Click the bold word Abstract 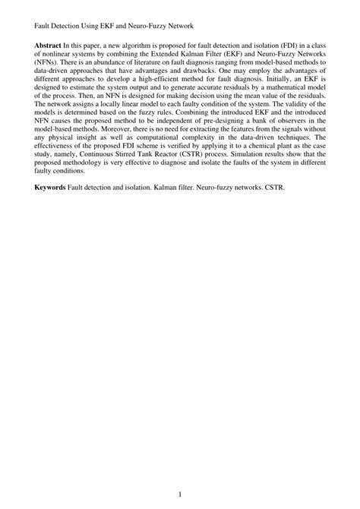click(x=49, y=46)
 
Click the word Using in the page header click(x=95, y=24)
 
